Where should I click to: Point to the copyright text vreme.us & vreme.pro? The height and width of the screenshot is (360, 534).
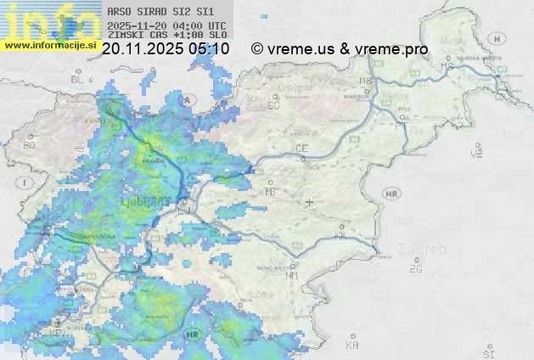tap(340, 49)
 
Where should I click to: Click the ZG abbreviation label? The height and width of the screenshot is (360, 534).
tap(415, 269)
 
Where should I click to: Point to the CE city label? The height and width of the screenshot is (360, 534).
tap(301, 149)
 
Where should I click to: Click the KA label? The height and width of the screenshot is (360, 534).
tap(352, 345)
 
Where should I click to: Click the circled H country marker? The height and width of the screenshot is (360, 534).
tap(501, 38)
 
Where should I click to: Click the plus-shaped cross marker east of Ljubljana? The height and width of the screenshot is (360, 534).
tap(309, 202)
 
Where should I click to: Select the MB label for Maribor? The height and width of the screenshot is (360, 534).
tap(366, 81)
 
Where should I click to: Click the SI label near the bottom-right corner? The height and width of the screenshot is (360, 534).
tap(487, 351)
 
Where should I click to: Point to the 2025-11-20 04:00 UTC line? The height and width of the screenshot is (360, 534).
tap(166, 25)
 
